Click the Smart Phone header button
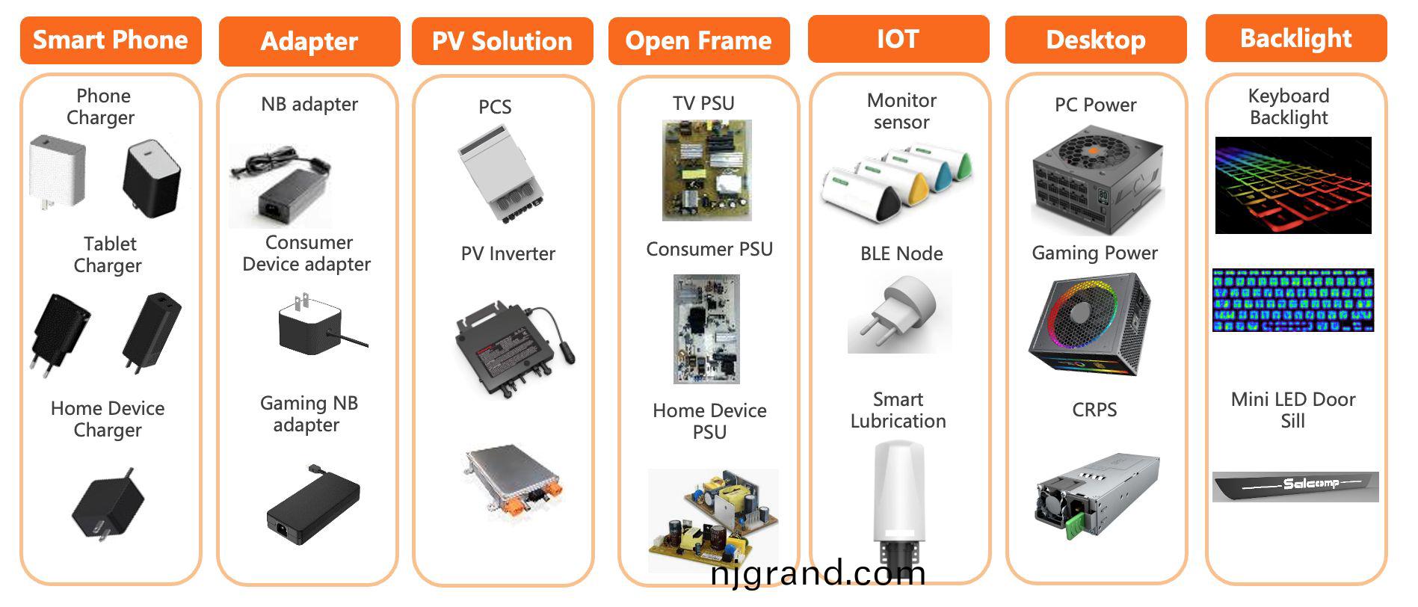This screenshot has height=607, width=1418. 111,40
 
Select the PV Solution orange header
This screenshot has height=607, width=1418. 502,41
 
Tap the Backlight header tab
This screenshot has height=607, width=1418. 1296,38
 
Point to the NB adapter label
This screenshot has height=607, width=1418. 309,104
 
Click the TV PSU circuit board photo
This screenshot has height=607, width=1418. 706,170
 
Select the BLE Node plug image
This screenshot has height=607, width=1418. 899,312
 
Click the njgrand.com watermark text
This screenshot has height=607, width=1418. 818,574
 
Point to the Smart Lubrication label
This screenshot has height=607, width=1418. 898,410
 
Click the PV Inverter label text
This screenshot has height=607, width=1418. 508,254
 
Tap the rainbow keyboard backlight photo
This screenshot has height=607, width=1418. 1293,185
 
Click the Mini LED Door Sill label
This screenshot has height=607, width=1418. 1293,410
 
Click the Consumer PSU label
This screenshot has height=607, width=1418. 709,249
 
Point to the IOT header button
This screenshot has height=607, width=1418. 898,39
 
